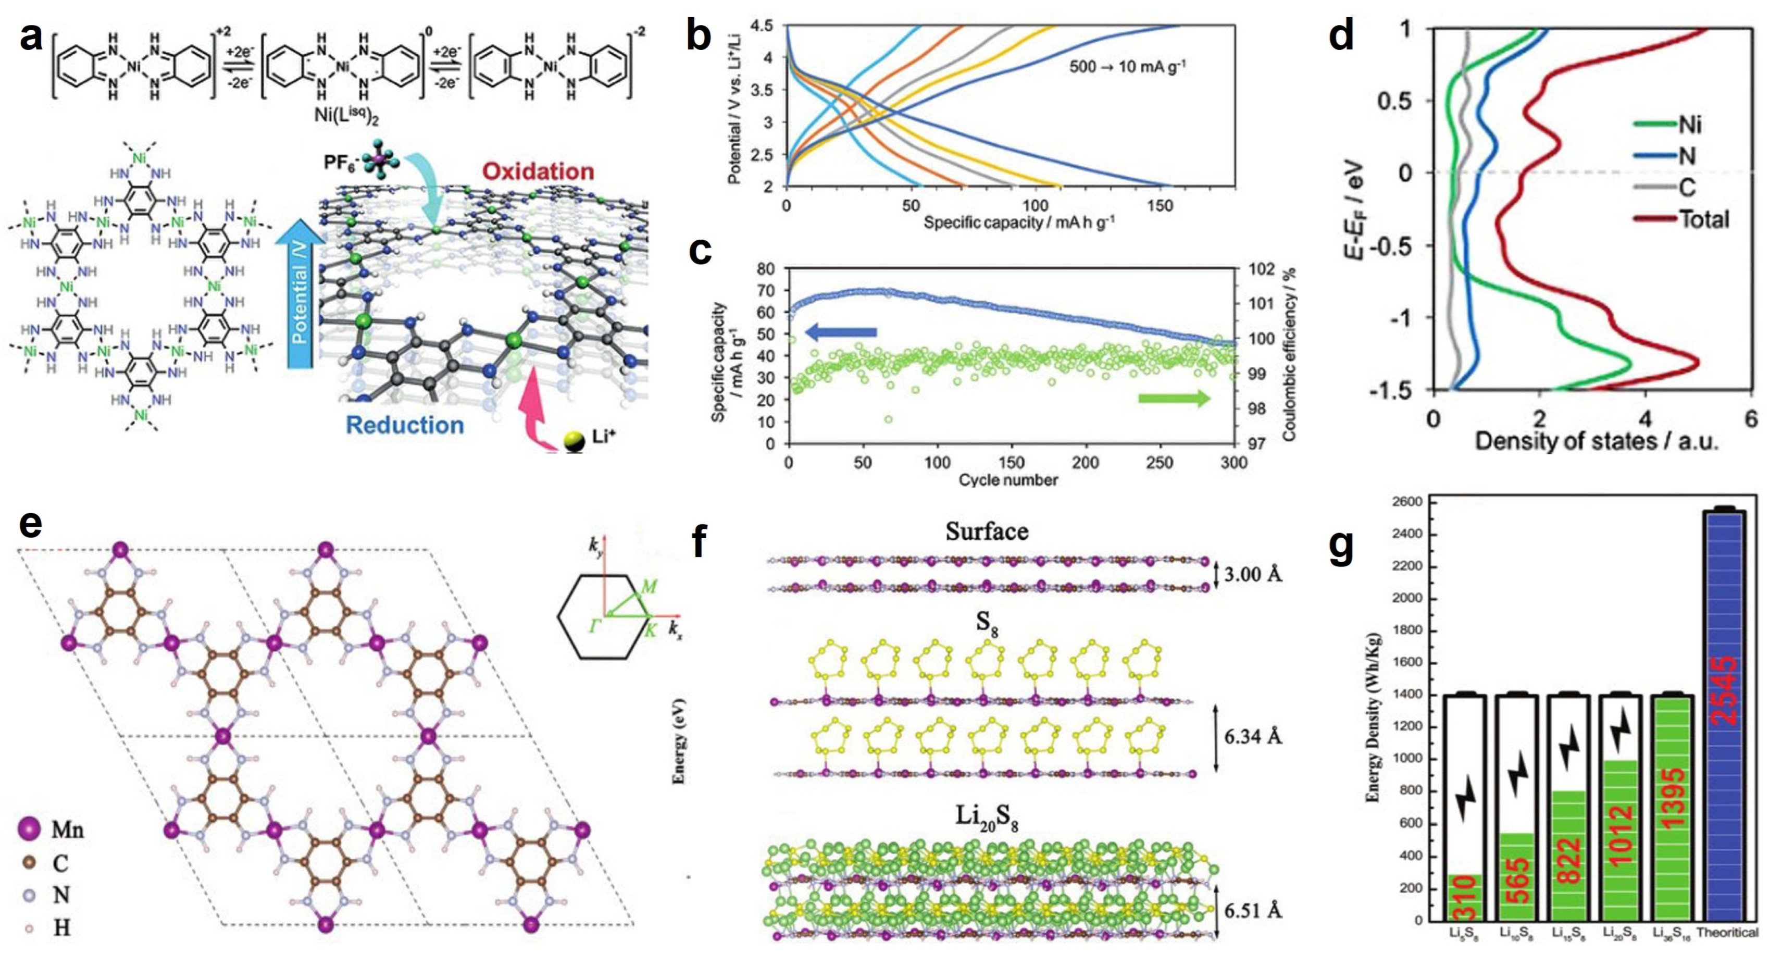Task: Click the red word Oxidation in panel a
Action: pos(538,171)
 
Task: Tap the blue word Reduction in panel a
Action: pos(405,425)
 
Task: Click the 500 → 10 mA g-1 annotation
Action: pos(1128,67)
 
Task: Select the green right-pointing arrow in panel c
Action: pos(1174,399)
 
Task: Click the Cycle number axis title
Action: pos(1008,479)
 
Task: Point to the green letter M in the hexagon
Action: pos(648,587)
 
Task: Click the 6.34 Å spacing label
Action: pos(1253,737)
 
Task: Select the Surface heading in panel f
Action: pos(987,531)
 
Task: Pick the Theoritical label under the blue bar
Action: pos(1727,932)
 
